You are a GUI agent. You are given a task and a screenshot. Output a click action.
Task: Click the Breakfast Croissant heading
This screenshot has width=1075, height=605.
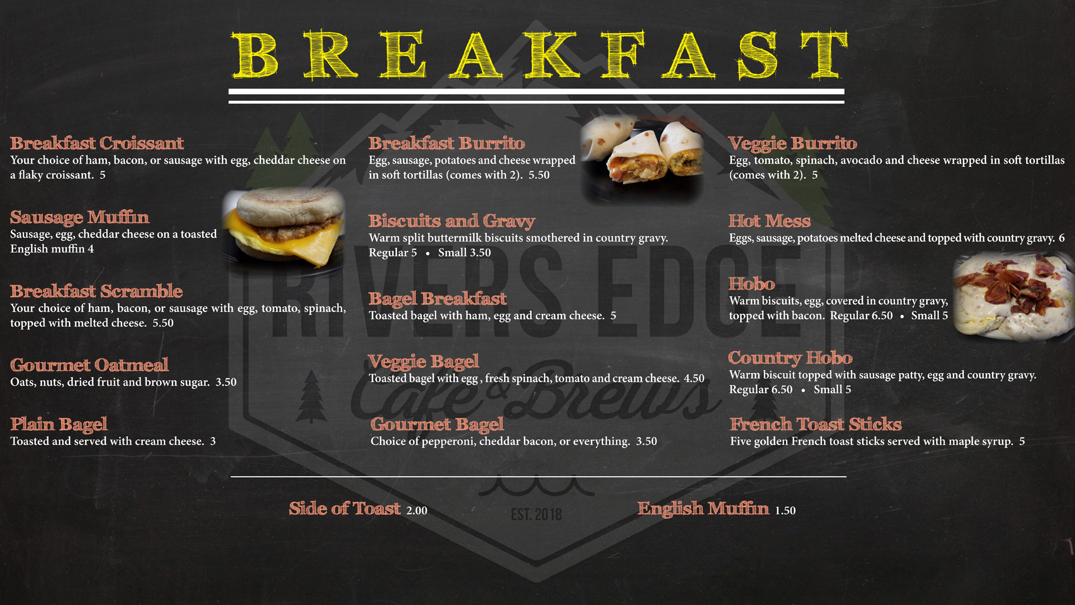[x=97, y=143]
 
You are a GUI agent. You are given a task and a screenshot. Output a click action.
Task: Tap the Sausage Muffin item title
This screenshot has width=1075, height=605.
[x=80, y=217]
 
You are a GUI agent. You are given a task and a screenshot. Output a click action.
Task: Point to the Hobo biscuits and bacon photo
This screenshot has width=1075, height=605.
[x=1013, y=296]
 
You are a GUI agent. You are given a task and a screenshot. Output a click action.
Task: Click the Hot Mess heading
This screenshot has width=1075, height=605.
[x=769, y=221]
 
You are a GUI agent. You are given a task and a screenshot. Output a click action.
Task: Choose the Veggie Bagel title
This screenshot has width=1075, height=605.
[x=423, y=362]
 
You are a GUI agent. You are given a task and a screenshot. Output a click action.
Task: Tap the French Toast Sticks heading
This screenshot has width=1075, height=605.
[x=816, y=424]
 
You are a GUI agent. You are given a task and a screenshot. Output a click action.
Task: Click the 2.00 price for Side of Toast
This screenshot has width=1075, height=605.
[x=417, y=511]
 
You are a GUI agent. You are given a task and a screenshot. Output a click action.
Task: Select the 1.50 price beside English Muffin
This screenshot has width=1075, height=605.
[x=785, y=511]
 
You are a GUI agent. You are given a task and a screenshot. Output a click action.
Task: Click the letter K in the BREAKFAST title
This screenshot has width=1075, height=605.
[x=551, y=55]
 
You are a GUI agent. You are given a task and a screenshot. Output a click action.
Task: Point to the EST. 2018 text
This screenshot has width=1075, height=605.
[x=536, y=514]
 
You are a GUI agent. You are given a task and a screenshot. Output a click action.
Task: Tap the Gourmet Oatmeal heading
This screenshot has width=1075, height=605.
[x=89, y=365]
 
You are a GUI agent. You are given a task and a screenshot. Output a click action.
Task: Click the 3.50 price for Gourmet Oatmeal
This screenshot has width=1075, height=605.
[x=226, y=383]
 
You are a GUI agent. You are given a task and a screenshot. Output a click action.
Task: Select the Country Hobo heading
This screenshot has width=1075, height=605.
[x=790, y=358]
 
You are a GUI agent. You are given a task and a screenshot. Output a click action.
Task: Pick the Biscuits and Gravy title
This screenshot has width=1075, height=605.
[x=452, y=221]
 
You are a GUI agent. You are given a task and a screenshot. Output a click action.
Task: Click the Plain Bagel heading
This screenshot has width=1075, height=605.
[x=59, y=425]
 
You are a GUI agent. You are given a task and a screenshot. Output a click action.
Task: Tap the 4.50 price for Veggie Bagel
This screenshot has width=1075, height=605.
[x=694, y=379]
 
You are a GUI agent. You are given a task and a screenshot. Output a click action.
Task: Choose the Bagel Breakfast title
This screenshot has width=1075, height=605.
[x=437, y=299]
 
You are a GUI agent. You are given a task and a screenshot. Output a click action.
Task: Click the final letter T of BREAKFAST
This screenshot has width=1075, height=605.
[x=824, y=55]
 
